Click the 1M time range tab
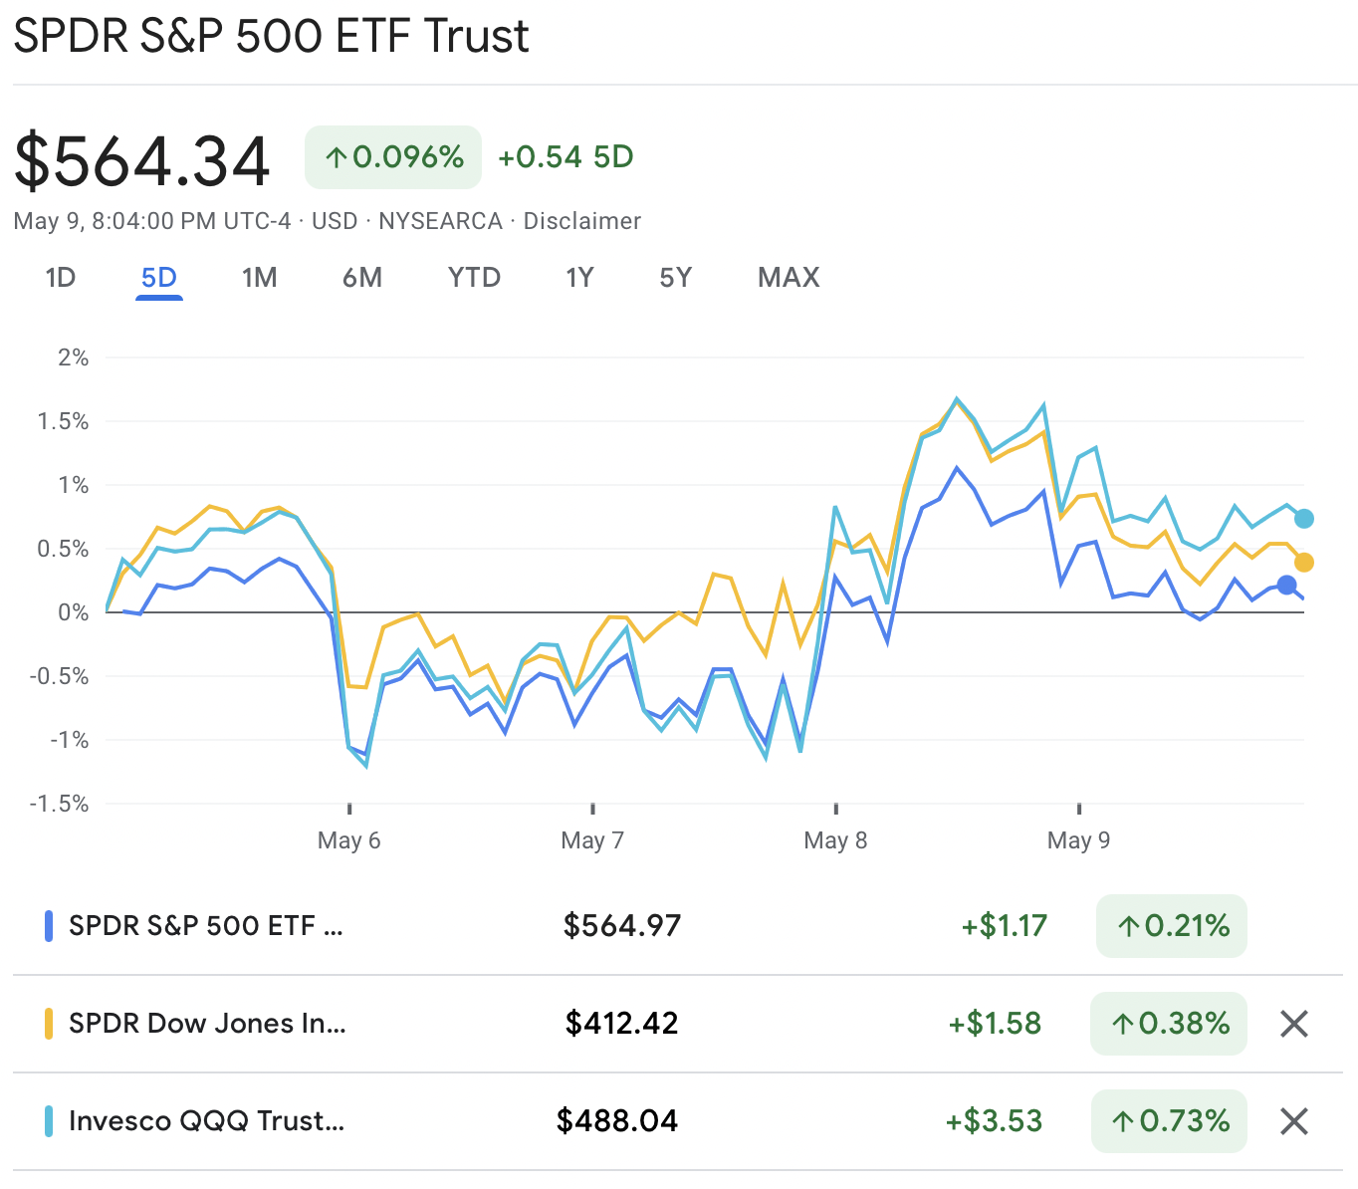point(259,277)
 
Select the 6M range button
point(362,277)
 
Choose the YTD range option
point(474,277)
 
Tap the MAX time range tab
point(789,277)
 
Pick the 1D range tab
point(61,277)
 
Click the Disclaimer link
point(581,221)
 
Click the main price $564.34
point(142,161)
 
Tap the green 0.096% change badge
point(393,157)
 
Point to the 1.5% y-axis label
point(63,421)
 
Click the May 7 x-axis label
point(592,840)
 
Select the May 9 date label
point(1078,840)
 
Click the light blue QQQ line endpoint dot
point(1304,519)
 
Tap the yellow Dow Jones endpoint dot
point(1304,563)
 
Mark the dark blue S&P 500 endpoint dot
point(1286,586)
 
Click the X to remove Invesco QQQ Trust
point(1293,1121)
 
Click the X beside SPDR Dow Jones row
point(1293,1024)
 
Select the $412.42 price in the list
point(621,1024)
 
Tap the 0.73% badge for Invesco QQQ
point(1170,1121)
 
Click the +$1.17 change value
point(1004,926)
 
